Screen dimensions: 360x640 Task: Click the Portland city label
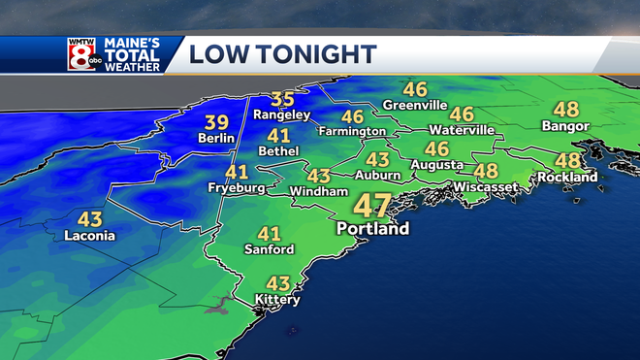click(372, 229)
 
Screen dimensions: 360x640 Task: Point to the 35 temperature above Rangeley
click(282, 99)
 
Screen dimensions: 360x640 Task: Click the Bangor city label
click(567, 126)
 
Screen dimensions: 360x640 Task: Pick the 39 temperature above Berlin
click(216, 121)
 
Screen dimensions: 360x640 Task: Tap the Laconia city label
click(89, 236)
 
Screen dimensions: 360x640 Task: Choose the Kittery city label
click(277, 300)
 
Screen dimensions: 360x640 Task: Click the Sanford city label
click(269, 249)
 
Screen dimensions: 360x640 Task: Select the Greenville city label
click(414, 105)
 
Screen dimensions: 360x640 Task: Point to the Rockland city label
click(568, 178)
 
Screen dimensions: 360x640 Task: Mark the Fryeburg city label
click(237, 188)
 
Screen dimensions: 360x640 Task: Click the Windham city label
click(318, 192)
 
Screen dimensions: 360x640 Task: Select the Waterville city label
click(462, 130)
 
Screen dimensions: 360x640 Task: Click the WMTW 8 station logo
click(82, 53)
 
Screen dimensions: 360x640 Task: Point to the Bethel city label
click(279, 151)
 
